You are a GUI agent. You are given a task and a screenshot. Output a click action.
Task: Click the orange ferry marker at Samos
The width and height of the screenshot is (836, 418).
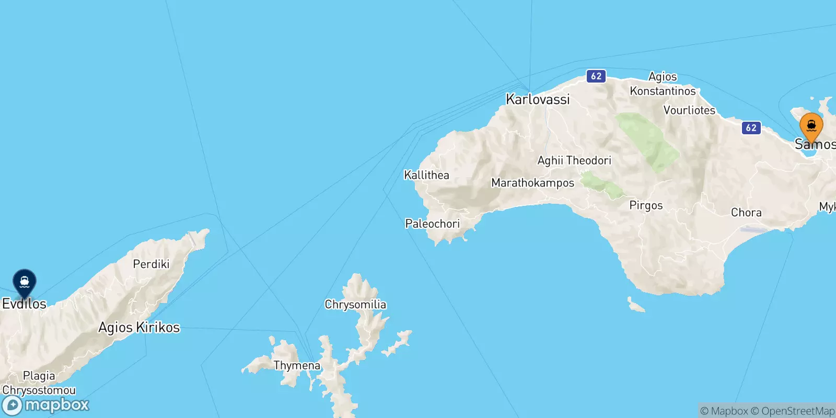811,126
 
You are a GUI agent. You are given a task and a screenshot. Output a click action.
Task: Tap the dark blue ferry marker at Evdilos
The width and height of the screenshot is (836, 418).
24,283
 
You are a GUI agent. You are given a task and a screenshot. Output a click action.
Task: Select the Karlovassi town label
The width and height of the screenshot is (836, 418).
538,99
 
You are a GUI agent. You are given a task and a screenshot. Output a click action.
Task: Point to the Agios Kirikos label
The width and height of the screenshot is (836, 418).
139,328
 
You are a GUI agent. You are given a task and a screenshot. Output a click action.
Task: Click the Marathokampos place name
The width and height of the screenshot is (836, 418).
532,183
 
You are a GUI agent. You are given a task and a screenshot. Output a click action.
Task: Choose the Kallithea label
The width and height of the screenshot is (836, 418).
426,175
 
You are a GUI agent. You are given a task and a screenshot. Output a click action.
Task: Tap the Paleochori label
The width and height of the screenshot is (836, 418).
432,224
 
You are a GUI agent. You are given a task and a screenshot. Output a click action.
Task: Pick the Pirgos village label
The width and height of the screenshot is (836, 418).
646,205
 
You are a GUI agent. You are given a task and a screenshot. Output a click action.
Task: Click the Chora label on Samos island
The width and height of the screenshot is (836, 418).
746,213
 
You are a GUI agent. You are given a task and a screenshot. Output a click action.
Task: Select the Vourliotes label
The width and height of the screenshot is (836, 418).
689,110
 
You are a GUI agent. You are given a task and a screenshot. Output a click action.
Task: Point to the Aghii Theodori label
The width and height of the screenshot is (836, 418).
574,160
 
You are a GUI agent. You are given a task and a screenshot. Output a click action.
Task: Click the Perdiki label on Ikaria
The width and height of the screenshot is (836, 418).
151,264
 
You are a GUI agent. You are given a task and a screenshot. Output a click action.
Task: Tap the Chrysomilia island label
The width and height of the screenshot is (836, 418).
355,304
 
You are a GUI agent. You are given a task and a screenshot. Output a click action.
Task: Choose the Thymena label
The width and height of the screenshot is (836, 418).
297,365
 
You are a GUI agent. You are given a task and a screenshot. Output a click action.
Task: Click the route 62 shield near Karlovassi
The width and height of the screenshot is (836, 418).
596,76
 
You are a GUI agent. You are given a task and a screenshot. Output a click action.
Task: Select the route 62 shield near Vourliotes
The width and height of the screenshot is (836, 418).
751,127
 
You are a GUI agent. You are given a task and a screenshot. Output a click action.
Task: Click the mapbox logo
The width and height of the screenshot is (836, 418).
45,405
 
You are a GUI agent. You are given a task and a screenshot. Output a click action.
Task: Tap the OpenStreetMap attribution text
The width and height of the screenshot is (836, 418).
797,411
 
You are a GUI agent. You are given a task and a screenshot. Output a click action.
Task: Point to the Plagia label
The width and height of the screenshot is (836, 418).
39,376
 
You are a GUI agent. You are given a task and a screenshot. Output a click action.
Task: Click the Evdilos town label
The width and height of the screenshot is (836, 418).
25,304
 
